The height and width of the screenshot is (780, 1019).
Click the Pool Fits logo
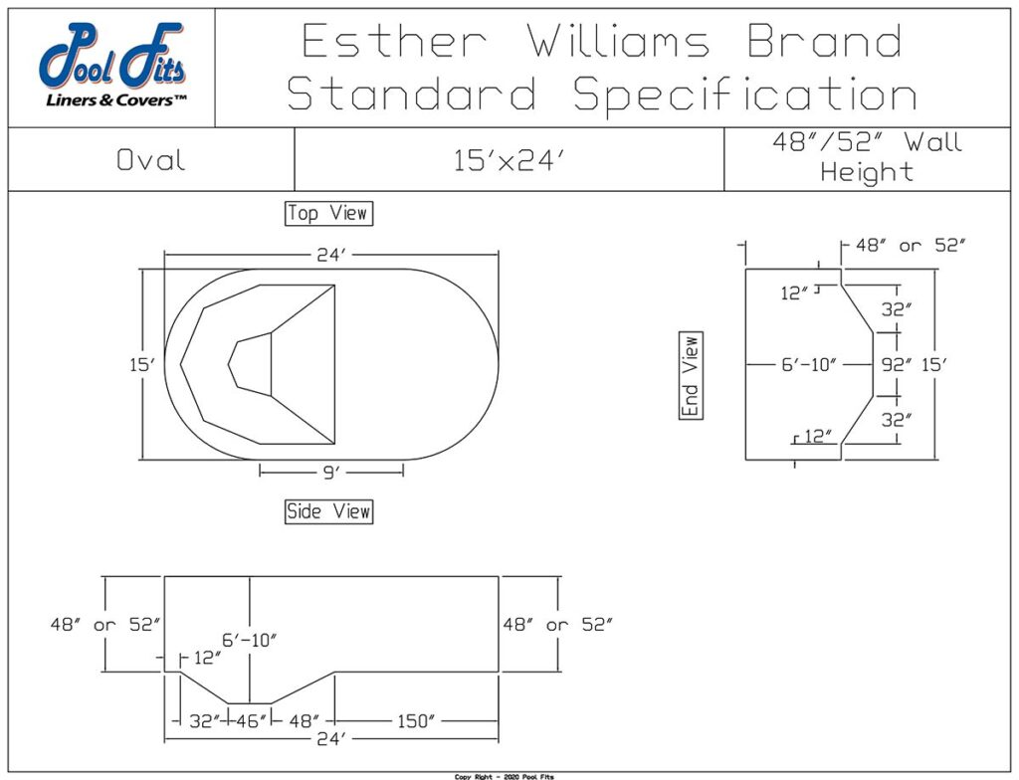(x=111, y=60)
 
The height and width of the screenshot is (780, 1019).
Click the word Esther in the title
(x=394, y=42)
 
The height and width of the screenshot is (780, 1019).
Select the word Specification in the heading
(x=744, y=95)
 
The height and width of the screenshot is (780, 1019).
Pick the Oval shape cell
(x=151, y=160)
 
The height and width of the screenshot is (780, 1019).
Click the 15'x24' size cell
(x=509, y=160)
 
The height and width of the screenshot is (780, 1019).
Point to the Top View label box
(x=327, y=213)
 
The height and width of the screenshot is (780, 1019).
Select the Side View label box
(x=328, y=511)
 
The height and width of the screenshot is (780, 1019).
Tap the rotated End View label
(x=691, y=375)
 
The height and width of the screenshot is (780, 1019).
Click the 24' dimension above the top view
(x=330, y=256)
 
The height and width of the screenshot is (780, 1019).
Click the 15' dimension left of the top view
(x=141, y=365)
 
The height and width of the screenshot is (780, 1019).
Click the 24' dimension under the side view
(x=330, y=739)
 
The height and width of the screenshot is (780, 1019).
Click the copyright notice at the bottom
(x=509, y=776)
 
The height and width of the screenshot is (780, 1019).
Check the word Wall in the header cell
(x=932, y=142)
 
